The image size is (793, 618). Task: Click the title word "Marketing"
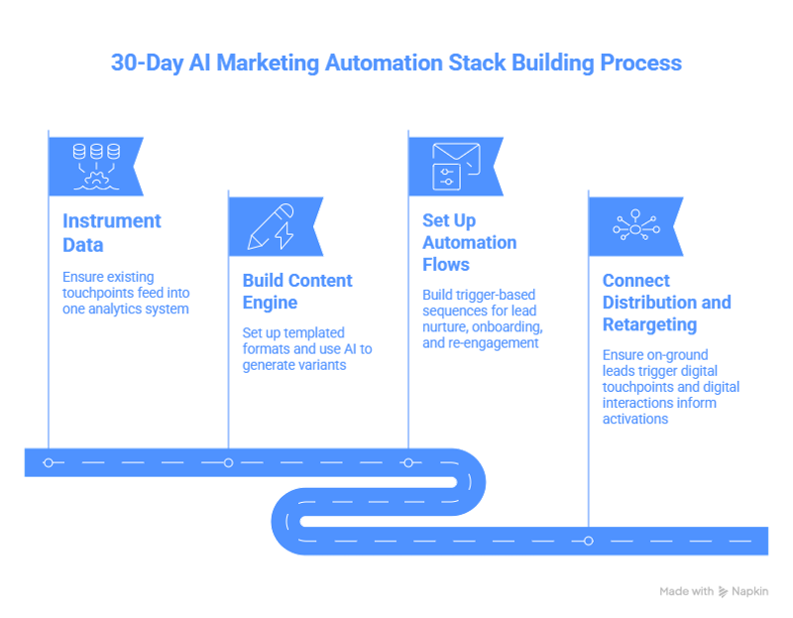(268, 63)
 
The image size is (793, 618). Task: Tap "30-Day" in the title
(147, 63)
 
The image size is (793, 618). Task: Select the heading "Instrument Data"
(112, 233)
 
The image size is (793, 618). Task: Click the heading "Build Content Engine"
(297, 292)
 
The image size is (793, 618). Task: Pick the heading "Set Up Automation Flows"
(469, 242)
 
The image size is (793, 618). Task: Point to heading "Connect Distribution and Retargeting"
(666, 303)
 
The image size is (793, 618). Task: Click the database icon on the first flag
(96, 167)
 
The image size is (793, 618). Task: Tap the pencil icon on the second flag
(271, 227)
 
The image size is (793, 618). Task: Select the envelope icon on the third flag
(456, 167)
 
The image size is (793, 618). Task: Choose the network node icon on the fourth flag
(636, 225)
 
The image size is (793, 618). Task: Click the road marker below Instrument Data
(48, 462)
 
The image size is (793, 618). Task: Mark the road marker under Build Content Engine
(228, 462)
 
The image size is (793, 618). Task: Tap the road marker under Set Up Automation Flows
(408, 462)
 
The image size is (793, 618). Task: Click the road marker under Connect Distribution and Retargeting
(588, 541)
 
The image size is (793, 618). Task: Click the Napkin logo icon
(724, 591)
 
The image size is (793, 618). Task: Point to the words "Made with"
(686, 591)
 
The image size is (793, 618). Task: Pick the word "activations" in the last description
(635, 419)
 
